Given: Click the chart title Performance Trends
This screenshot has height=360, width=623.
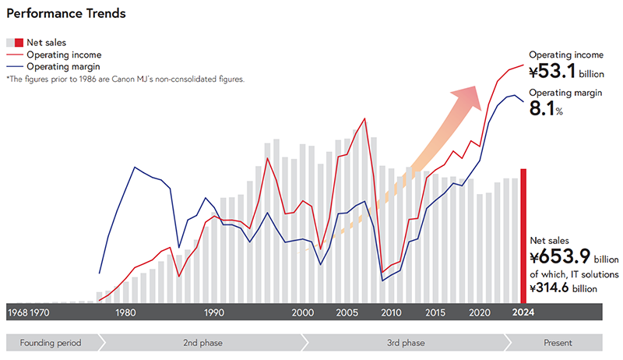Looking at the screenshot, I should (66, 14).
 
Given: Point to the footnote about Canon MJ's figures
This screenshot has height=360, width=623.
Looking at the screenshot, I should (125, 79).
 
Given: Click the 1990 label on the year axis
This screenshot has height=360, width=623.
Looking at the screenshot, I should (214, 312).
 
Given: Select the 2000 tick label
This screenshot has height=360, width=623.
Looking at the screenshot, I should (303, 312).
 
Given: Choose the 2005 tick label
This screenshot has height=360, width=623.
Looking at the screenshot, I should (347, 312).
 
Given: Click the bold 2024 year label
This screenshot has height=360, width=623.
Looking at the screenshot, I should (523, 312).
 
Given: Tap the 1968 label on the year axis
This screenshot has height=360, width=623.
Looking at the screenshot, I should (18, 312).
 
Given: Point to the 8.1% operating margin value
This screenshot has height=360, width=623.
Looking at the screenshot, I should (546, 109).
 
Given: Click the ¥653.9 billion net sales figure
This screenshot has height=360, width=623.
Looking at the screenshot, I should (573, 258).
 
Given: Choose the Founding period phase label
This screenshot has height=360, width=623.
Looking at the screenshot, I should (51, 343).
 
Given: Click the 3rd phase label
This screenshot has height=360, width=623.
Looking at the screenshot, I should (405, 343).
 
